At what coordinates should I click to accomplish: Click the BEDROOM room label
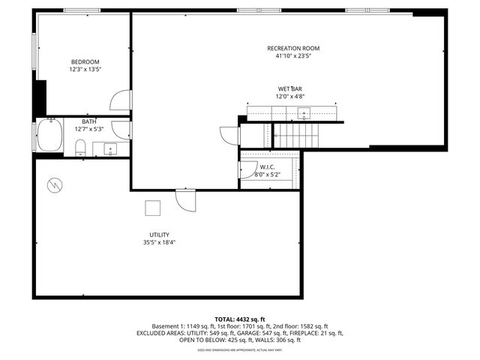pyautogui.click(x=85, y=61)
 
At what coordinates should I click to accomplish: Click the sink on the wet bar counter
pyautogui.click(x=303, y=113)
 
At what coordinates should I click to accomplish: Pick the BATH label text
pyautogui.click(x=89, y=121)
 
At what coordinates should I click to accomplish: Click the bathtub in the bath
pyautogui.click(x=50, y=136)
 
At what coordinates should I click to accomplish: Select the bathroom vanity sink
pyautogui.click(x=111, y=148)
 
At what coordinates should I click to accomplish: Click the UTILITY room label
pyautogui.click(x=159, y=234)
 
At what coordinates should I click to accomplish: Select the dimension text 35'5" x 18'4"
pyautogui.click(x=159, y=242)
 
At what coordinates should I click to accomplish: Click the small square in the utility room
pyautogui.click(x=153, y=208)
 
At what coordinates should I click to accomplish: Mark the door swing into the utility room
pyautogui.click(x=185, y=200)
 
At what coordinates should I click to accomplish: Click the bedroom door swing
pyautogui.click(x=121, y=101)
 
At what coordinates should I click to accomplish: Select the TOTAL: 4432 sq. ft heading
pyautogui.click(x=240, y=319)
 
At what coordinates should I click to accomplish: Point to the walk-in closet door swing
pyautogui.click(x=246, y=171)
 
